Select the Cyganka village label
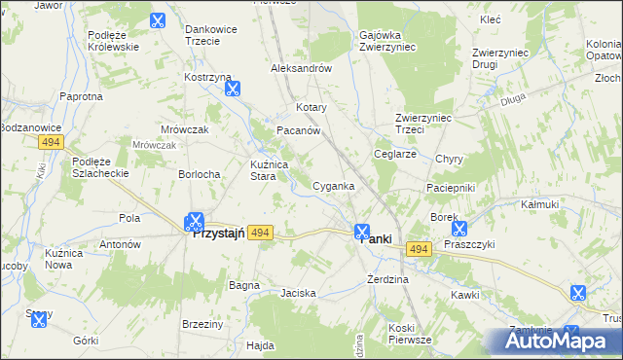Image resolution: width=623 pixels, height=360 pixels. point(333,185)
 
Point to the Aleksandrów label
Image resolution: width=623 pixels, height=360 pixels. point(302,69)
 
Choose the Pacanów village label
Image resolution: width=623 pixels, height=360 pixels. point(299,130)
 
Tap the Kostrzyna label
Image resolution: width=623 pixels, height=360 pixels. point(207,76)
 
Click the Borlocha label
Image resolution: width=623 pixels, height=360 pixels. point(199,173)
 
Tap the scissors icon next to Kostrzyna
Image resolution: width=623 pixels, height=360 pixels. point(233,90)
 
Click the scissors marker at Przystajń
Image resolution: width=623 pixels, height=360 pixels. point(195,222)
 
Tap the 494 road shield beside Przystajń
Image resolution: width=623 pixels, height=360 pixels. point(259,233)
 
